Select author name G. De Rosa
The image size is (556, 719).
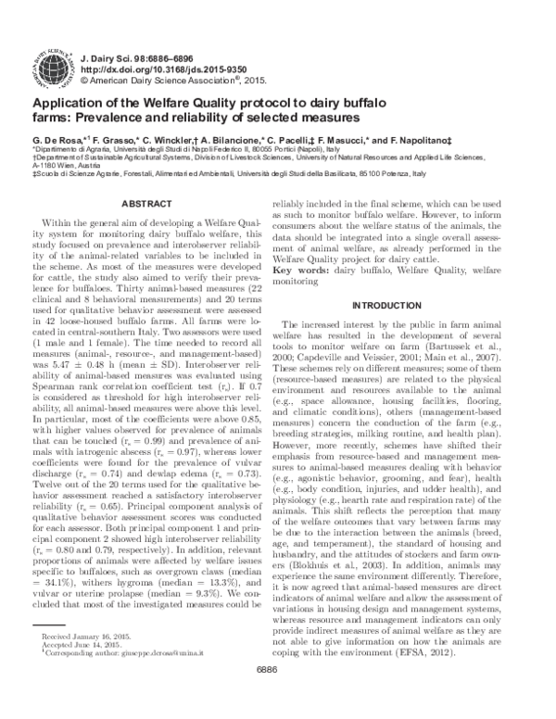pyautogui.click(x=59, y=137)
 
